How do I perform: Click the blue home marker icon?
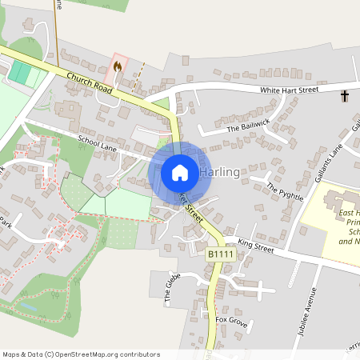coord(180,172)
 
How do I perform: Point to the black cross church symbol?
coord(345,96)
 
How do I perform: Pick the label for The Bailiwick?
coord(245,127)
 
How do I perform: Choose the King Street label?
coord(255,244)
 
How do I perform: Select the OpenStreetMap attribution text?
coord(80,354)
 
